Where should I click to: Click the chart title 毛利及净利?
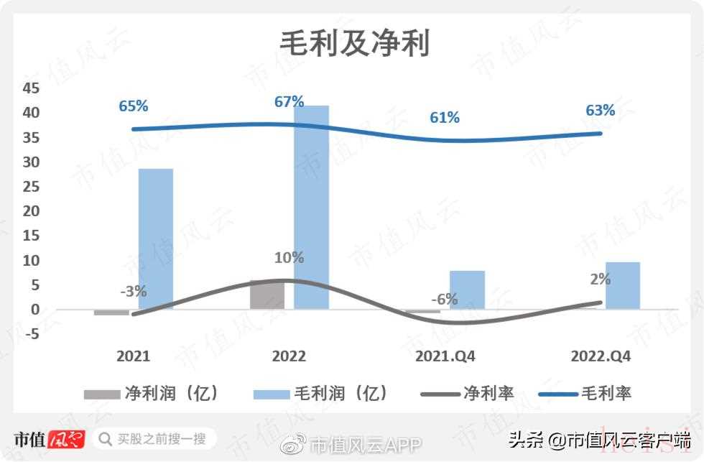click(355, 44)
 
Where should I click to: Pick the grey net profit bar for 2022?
click(267, 295)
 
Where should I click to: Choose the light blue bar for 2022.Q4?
click(622, 285)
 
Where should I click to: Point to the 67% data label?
click(289, 102)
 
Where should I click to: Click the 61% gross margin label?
click(445, 117)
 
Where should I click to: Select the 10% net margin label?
click(289, 257)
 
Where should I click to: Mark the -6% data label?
click(444, 300)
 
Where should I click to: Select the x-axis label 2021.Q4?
click(445, 356)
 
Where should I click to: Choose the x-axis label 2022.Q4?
click(601, 356)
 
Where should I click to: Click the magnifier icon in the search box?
click(106, 438)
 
